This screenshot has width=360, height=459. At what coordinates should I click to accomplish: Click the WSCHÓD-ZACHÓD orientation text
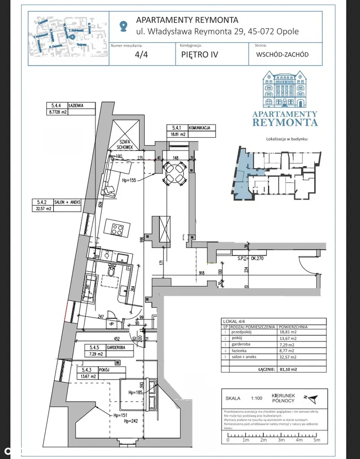[282, 55]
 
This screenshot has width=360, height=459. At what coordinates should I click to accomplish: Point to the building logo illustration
[285, 90]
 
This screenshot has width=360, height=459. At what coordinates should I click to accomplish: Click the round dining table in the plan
[174, 173]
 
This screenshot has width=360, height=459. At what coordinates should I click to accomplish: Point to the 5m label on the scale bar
[316, 440]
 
